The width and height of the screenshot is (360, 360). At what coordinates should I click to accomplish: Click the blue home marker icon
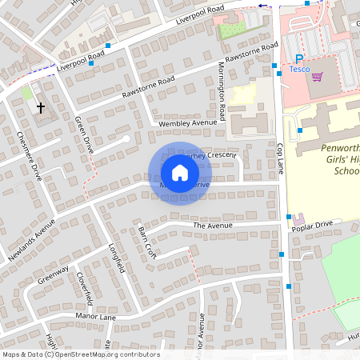point(180,173)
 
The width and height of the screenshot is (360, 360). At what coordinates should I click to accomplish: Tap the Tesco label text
point(299,70)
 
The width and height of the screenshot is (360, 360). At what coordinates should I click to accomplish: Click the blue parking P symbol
point(299,58)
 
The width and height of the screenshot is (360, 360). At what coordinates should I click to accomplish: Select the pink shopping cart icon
point(318,77)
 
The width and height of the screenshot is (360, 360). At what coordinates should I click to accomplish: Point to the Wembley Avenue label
point(188,122)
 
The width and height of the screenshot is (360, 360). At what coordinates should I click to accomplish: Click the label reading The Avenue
point(212,226)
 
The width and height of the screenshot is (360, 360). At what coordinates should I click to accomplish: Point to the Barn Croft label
point(145,242)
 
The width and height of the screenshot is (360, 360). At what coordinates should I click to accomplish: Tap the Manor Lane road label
point(95,317)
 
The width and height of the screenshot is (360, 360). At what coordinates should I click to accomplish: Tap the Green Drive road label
point(84,134)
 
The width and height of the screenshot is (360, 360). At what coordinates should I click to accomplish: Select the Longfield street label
point(117,256)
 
